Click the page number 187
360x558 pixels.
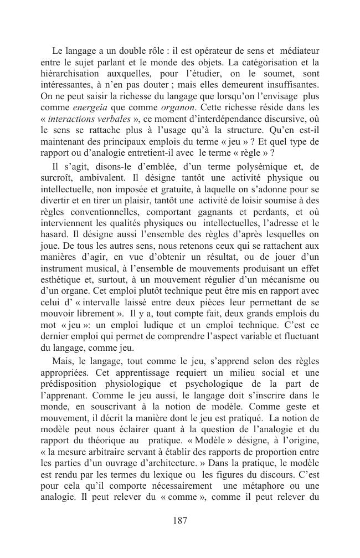pos(180,520)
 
